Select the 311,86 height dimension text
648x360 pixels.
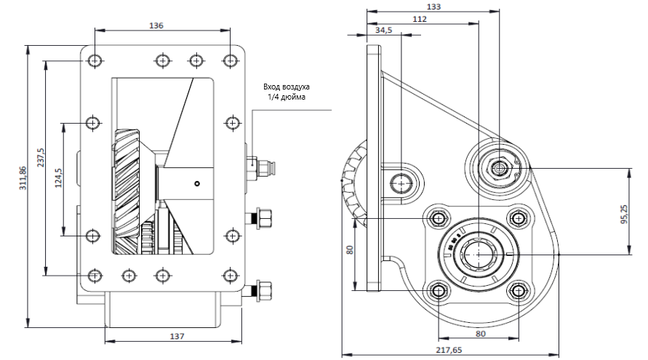[x=24, y=177]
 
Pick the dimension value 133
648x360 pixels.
[x=434, y=6]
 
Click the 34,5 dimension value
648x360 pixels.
[x=384, y=31]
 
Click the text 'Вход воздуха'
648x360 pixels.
[x=287, y=87]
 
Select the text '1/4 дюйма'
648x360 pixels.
[x=287, y=97]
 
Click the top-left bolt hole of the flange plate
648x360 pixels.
[x=95, y=60]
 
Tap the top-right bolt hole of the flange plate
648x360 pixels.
[x=231, y=60]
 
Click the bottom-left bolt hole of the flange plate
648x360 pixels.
[x=95, y=275]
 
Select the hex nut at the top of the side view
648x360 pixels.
[x=500, y=168]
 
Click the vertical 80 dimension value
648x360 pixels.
[x=350, y=249]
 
